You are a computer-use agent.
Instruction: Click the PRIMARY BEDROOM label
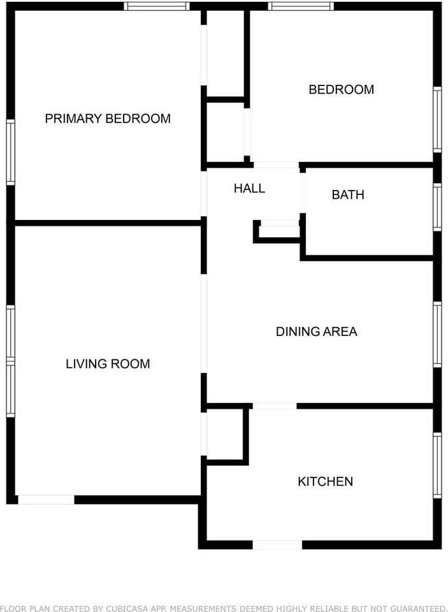click(x=108, y=119)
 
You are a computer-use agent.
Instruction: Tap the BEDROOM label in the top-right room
click(x=341, y=89)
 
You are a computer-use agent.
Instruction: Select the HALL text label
click(x=249, y=189)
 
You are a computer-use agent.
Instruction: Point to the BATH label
click(x=348, y=195)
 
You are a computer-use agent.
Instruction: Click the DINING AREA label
click(x=317, y=331)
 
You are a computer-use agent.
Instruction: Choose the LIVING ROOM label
click(x=108, y=364)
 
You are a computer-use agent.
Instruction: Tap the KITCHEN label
click(x=325, y=481)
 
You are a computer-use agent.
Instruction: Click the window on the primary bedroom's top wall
click(x=157, y=6)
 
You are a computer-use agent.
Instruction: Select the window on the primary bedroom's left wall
click(x=11, y=152)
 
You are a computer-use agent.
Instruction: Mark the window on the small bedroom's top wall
click(x=301, y=6)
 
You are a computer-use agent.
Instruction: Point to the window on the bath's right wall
click(x=437, y=207)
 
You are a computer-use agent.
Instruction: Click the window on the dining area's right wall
click(x=437, y=335)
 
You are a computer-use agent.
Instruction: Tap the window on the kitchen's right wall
click(x=437, y=465)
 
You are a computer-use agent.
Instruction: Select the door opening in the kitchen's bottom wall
click(x=277, y=545)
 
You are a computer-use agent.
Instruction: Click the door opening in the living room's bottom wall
click(x=46, y=500)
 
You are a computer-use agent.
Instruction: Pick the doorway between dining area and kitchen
click(x=275, y=406)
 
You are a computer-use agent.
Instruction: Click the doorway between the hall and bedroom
click(x=277, y=165)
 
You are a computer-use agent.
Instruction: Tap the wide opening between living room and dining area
click(x=204, y=324)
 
